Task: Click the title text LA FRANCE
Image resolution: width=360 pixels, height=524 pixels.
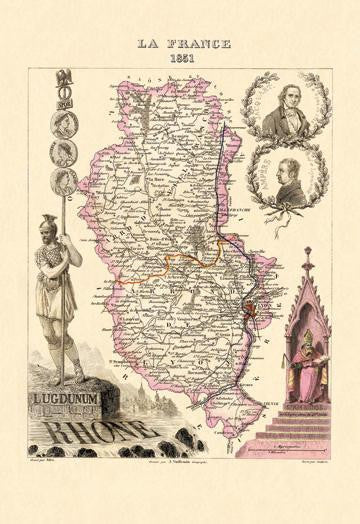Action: [180, 43]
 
